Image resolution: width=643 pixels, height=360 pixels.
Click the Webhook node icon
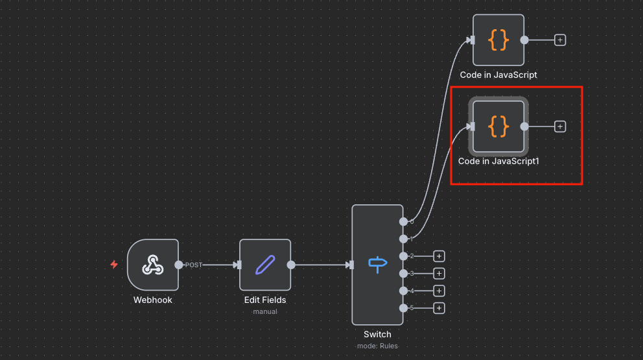coord(152,265)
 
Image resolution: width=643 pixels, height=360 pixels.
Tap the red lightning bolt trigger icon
coord(114,265)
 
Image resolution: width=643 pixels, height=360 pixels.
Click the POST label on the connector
coord(194,265)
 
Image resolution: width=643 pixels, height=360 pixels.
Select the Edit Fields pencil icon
coord(265,265)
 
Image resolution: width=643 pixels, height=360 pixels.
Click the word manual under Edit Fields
coord(265,311)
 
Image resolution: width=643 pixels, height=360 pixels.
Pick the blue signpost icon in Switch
coord(378,265)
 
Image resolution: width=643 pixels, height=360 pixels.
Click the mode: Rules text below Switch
coord(377,346)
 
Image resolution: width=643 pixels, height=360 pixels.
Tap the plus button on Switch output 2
coord(439,256)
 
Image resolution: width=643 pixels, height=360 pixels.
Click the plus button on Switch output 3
coord(439,273)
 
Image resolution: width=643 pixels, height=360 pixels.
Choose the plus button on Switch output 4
coord(439,291)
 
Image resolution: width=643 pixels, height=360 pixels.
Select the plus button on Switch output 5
coord(439,308)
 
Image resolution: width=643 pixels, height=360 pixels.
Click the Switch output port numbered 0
coord(404,222)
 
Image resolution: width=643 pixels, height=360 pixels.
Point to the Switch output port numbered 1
coord(404,239)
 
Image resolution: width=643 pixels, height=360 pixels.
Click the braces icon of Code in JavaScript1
coord(498,126)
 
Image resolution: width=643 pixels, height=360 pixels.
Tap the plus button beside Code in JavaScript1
coord(560,126)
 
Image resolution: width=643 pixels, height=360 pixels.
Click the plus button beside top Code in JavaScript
coord(560,40)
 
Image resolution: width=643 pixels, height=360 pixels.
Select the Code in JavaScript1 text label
coord(498,162)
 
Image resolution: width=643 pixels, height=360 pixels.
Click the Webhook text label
coord(152,300)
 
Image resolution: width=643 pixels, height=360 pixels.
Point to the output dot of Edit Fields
coord(291,265)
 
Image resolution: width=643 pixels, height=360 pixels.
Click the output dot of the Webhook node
coord(179,265)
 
